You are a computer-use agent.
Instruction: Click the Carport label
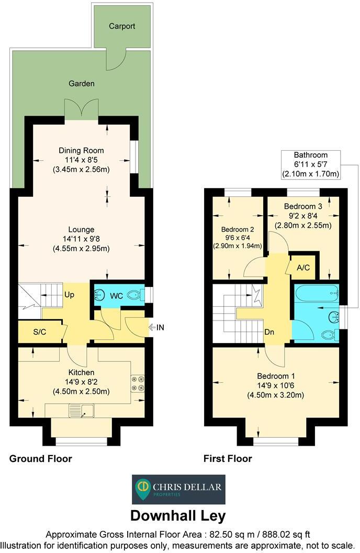[122, 26]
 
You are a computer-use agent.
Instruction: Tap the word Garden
[81, 83]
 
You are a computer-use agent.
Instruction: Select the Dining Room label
[81, 150]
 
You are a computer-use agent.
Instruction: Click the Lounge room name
[81, 229]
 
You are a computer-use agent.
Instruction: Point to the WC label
[116, 296]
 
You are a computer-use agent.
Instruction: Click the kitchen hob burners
[137, 383]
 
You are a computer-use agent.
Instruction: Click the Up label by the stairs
[69, 295]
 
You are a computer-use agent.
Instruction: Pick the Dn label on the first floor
[269, 332]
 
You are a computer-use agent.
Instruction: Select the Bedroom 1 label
[276, 376]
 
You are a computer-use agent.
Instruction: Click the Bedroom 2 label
[238, 229]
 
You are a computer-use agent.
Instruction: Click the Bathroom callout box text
[310, 155]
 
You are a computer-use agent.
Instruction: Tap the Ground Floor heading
[40, 459]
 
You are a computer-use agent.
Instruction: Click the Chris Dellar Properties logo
[178, 489]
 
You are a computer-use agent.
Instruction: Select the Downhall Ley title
[178, 515]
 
